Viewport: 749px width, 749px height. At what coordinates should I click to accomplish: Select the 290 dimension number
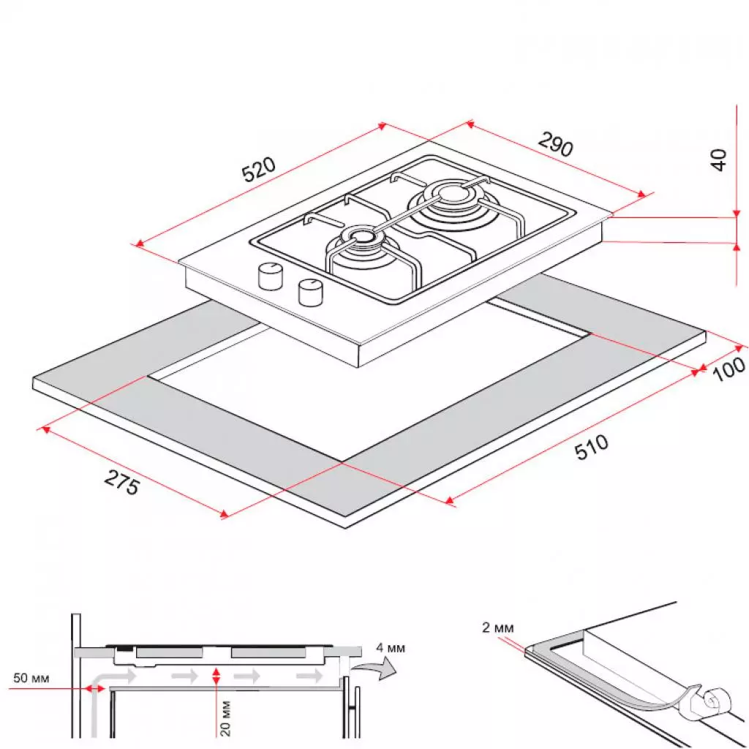click(x=556, y=144)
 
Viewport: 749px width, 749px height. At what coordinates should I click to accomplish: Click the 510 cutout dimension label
click(x=591, y=448)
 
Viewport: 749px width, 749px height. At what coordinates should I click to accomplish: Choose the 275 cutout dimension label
click(x=121, y=483)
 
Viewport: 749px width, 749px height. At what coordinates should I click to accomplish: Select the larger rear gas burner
click(x=450, y=200)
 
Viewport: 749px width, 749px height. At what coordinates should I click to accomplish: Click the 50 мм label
click(x=31, y=679)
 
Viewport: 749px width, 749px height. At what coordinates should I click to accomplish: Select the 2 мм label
click(x=499, y=628)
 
